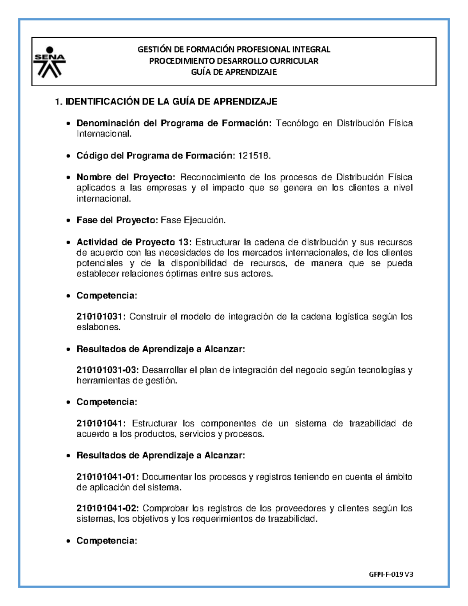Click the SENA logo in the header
pyautogui.click(x=49, y=62)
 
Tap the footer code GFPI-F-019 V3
pyautogui.click(x=391, y=574)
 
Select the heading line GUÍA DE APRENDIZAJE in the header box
pyautogui.click(x=234, y=72)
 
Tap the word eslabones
pyautogui.click(x=97, y=327)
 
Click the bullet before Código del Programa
pyautogui.click(x=69, y=156)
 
